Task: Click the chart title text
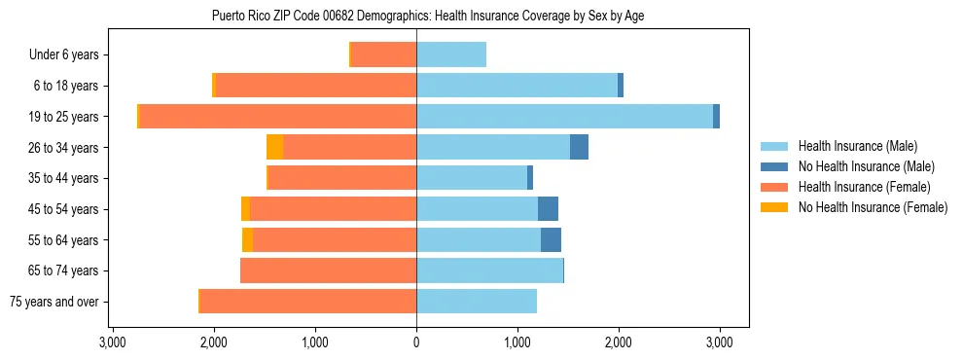click(427, 16)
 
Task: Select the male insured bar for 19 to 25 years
click(564, 117)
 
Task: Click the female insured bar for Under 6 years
click(383, 55)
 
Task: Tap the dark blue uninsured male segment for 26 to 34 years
click(579, 147)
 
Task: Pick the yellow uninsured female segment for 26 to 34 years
click(274, 147)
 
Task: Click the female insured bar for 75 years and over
click(308, 302)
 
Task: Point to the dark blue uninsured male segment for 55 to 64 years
click(551, 240)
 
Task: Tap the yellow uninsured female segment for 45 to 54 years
click(245, 209)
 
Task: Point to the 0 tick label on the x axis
click(416, 342)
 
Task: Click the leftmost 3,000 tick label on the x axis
click(113, 342)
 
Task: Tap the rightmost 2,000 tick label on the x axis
click(619, 342)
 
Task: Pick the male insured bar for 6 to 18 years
click(517, 86)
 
